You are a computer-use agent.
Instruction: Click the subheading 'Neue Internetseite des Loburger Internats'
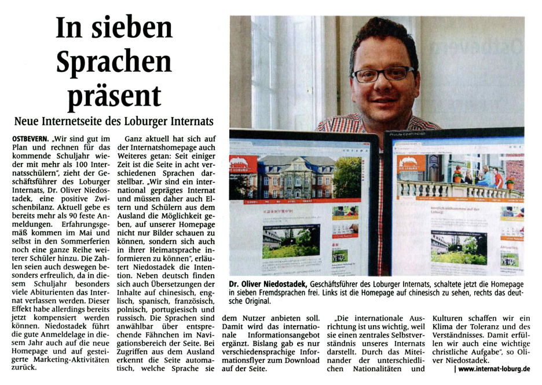[x=113, y=122]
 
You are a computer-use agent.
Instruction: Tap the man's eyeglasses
[x=383, y=74]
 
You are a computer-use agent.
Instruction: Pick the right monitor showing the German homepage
[x=457, y=203]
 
